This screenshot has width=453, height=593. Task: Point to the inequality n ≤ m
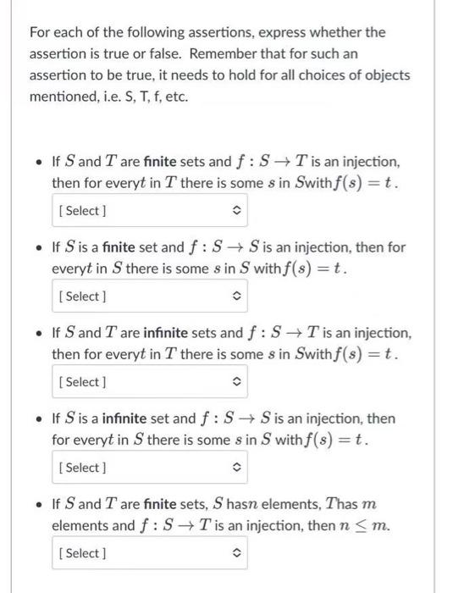coord(367,525)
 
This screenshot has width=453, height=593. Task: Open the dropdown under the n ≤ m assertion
coord(149,553)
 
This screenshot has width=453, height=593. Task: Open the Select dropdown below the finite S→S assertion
coord(149,296)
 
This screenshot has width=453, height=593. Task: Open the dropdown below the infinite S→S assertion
coord(149,468)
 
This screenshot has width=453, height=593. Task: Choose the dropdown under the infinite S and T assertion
coord(149,382)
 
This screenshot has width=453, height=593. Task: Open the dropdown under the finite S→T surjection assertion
coord(149,210)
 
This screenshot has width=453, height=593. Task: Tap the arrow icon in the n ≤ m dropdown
coord(236,553)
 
